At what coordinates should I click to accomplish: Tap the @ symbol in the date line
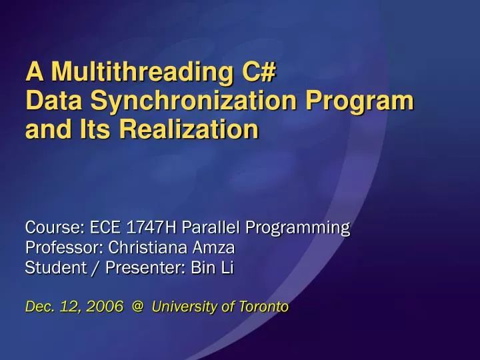click(x=138, y=307)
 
